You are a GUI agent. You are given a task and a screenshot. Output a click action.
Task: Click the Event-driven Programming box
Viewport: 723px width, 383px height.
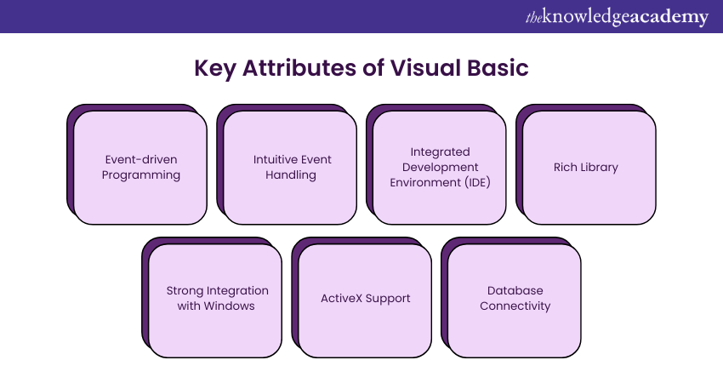141,168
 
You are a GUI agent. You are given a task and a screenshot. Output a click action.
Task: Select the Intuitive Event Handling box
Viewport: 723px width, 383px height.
291,168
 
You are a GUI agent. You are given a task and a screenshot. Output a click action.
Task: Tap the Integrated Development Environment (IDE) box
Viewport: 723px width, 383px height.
441,168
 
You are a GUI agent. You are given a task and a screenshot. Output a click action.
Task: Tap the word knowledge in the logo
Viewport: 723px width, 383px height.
586,17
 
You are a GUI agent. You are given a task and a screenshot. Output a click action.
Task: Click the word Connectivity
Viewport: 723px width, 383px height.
515,306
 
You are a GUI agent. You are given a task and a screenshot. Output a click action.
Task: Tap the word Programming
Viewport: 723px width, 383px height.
141,175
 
